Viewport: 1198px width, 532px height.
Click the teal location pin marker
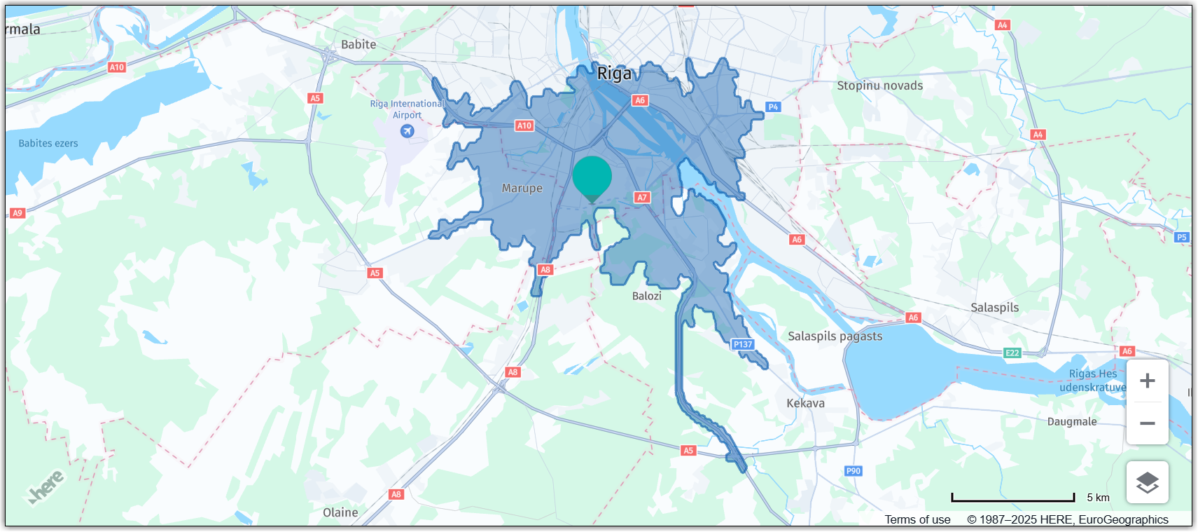tap(592, 178)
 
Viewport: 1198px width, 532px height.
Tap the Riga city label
tap(614, 74)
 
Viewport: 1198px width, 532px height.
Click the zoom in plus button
tap(1147, 381)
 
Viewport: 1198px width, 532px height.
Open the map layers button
tap(1147, 482)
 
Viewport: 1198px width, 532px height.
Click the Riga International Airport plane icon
tap(407, 131)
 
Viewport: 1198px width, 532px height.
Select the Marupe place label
tap(522, 189)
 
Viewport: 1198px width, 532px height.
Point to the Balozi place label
tap(646, 296)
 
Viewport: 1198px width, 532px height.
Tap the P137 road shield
tap(742, 344)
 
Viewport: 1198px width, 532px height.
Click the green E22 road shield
tap(1012, 353)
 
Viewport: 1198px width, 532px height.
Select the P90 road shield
tap(853, 471)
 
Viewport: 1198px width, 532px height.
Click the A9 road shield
tap(18, 213)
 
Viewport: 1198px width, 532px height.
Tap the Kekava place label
tap(805, 403)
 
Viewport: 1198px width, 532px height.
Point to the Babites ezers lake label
tap(48, 144)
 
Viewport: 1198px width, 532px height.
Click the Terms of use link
tap(917, 519)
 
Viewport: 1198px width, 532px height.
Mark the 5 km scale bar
tap(1012, 498)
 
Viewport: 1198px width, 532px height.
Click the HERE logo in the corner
tap(47, 486)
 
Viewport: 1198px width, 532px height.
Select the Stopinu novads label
tap(879, 86)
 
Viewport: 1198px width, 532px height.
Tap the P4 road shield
tap(772, 107)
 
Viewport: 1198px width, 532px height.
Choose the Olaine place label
tap(340, 512)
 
